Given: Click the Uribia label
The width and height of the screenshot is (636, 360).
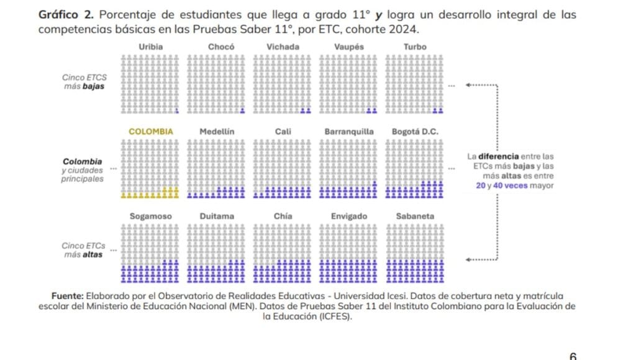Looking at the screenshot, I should pos(152,47).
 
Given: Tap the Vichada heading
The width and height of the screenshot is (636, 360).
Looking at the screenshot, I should pos(283,47).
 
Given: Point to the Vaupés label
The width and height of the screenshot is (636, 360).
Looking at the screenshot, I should pos(349,47).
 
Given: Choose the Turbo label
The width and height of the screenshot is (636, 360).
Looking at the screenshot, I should pos(415,47).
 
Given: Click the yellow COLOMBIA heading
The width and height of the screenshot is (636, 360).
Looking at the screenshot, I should pos(151,132).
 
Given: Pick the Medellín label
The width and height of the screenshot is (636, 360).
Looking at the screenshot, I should pos(217,132).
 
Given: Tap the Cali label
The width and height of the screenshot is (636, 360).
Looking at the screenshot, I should pos(283,132).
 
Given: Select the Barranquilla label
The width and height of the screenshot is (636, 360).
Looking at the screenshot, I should pos(349,132).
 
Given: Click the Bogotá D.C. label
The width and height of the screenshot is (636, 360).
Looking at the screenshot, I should pos(415,132).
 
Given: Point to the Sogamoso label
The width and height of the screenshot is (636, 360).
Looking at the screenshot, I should pos(151,216).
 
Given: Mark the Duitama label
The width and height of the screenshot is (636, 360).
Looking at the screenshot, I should pos(217,216).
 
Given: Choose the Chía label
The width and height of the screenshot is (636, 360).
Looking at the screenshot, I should pos(283,216).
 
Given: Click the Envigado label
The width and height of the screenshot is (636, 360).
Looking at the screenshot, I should pos(349,216).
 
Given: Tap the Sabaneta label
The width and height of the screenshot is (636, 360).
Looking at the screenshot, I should pos(415,216).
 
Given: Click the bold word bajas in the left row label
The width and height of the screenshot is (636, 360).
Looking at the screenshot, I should pos(93,86).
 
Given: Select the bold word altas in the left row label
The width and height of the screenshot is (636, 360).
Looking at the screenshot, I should pos(93,254).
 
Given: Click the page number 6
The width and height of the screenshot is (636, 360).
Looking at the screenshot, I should pos(573,356).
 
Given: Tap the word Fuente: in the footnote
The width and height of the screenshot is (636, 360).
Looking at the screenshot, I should pos(66,297).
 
